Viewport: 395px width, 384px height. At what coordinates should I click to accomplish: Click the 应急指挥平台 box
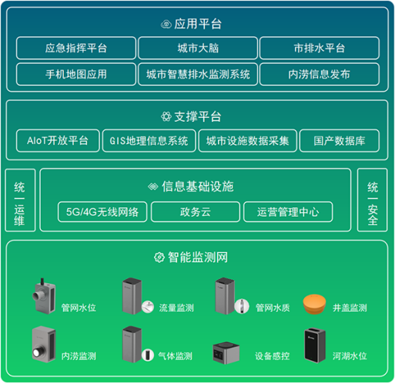(x=75, y=48)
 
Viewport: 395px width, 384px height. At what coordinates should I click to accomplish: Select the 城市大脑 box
(x=198, y=48)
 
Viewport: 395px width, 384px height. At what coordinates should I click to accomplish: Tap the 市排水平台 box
(x=319, y=48)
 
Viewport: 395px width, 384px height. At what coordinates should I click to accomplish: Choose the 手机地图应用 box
(x=75, y=74)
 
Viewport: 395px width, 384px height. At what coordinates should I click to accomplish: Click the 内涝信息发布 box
(x=319, y=74)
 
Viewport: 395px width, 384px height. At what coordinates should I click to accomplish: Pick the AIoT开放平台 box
(x=58, y=141)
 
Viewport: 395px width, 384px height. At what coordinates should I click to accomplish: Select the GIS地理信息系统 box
(x=149, y=141)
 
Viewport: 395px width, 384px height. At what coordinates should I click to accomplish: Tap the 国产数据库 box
(x=334, y=141)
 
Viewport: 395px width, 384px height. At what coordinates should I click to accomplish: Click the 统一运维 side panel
(x=20, y=204)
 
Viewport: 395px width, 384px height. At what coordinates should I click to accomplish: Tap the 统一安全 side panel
(x=373, y=204)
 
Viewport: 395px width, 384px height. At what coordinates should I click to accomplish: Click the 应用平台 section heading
(x=197, y=24)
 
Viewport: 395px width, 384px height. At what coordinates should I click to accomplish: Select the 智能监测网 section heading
(x=197, y=257)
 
